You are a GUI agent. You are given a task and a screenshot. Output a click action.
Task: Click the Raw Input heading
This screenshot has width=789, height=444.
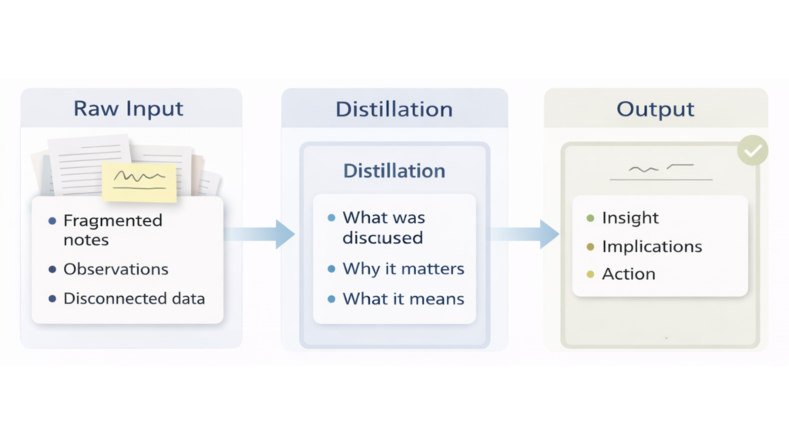tap(129, 109)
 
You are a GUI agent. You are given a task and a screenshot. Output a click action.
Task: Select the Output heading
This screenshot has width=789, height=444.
tap(655, 109)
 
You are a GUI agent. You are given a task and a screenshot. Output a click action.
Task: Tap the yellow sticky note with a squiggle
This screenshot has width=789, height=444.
tap(139, 180)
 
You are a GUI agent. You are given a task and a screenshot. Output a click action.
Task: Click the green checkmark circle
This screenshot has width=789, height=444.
tap(752, 150)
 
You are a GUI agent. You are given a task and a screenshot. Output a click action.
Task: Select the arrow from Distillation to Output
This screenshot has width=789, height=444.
tap(525, 234)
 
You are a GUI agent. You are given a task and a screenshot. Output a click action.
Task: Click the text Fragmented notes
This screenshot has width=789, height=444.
tap(112, 230)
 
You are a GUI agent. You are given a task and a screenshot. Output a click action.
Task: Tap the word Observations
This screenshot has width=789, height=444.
tap(116, 270)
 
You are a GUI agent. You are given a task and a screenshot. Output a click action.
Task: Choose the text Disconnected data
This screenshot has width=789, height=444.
tap(134, 298)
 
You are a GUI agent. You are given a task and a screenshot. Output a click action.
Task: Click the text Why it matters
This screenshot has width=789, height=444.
tap(403, 269)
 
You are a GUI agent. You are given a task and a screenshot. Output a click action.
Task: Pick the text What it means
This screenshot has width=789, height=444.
tap(403, 298)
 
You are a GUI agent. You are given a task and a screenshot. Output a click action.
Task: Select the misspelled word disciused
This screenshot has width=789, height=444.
tap(382, 238)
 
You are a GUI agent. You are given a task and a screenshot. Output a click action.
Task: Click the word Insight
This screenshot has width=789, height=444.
tap(630, 218)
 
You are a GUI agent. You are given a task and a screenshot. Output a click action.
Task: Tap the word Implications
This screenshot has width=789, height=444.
tap(652, 247)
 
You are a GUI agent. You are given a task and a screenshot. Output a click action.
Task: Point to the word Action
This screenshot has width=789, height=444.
tap(629, 274)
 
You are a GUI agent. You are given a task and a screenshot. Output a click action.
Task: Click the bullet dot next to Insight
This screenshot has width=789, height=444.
tap(590, 219)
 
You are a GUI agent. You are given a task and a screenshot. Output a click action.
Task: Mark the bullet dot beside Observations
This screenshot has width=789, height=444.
tap(52, 270)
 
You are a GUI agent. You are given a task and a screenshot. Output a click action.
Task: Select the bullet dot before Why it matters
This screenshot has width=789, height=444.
tap(331, 270)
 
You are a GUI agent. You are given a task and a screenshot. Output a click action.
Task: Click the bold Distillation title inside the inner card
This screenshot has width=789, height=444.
tap(394, 170)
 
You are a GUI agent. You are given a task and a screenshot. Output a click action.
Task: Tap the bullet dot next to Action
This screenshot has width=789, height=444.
tap(590, 274)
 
